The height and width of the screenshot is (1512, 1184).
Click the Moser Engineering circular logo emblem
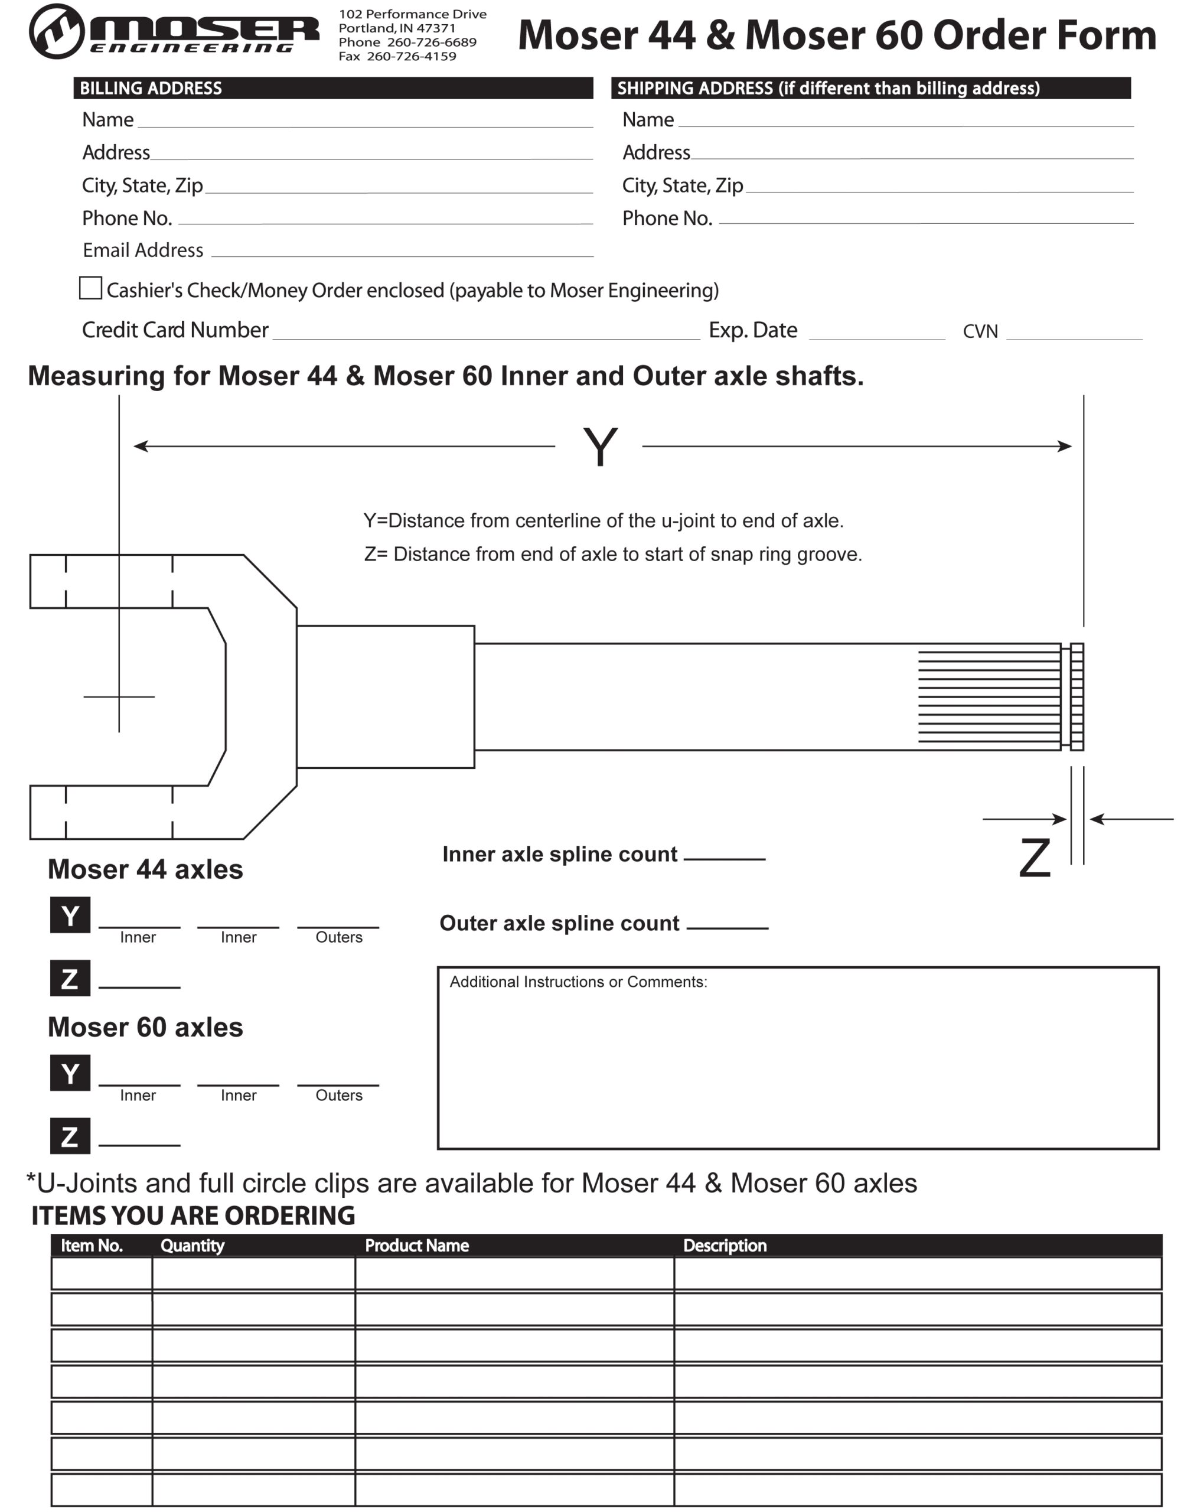tap(56, 31)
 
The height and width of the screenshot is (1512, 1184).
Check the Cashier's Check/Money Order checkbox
tap(90, 288)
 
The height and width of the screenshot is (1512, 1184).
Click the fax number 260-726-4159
tap(411, 56)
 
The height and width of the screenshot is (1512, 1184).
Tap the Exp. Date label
tap(752, 330)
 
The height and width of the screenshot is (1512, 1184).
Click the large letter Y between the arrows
tap(599, 447)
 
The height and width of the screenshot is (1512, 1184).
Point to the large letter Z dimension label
tap(1034, 858)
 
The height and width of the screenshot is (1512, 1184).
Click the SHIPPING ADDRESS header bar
tap(870, 88)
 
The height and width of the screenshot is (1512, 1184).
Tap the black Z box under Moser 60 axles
tap(70, 1136)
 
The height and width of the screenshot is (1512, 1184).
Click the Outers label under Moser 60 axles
tap(338, 1096)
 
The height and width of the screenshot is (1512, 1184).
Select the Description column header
tap(725, 1246)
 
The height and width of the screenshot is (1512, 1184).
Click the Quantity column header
tap(192, 1246)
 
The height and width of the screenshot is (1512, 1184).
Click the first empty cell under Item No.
tap(101, 1273)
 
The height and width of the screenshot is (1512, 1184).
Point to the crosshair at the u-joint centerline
tap(119, 696)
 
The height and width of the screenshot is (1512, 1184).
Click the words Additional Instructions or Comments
tap(578, 982)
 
